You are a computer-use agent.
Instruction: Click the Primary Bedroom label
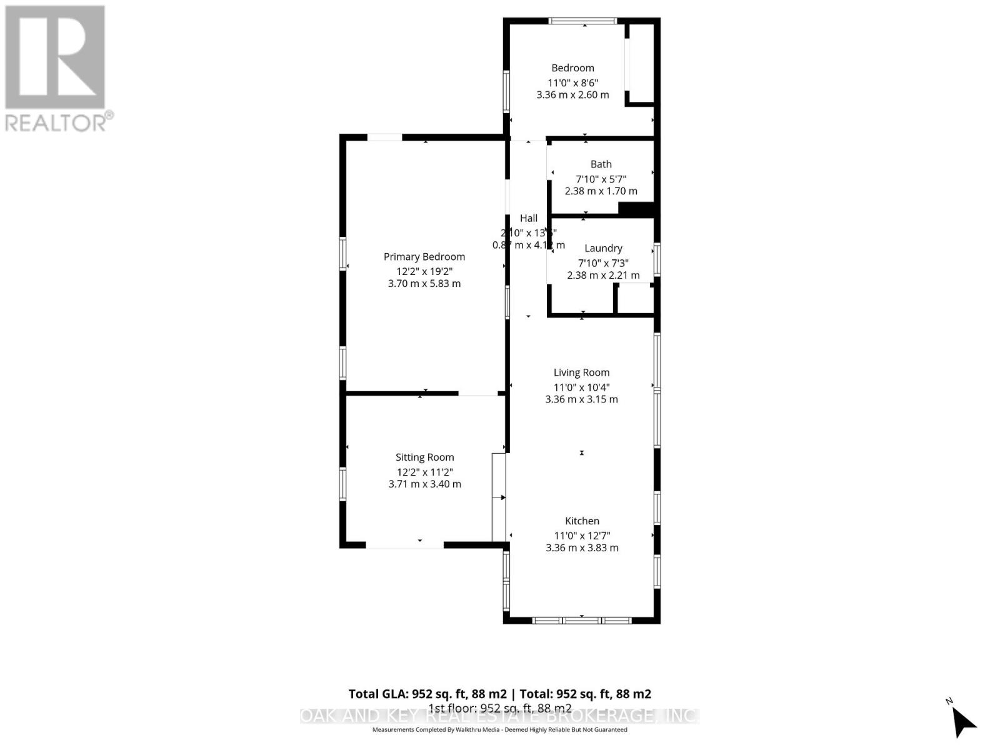[x=424, y=257]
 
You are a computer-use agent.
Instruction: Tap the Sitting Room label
[x=424, y=457]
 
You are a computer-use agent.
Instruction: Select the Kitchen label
[x=582, y=521]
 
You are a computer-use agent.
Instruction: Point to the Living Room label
[x=581, y=372]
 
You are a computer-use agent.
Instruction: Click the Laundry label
[x=603, y=248]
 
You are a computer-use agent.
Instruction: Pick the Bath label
[x=601, y=164]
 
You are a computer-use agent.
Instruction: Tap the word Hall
[x=529, y=218]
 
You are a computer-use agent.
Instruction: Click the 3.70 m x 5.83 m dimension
[x=424, y=284]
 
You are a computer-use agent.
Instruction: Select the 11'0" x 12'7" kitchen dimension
[x=582, y=536]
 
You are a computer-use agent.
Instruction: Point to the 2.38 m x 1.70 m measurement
[x=601, y=191]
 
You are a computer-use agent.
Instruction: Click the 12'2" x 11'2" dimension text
[x=424, y=472]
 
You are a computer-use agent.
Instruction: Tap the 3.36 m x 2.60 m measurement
[x=572, y=95]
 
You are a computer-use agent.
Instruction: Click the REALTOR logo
[x=57, y=69]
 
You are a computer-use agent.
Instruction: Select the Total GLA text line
[x=499, y=694]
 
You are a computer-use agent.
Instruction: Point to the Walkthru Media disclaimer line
[x=499, y=729]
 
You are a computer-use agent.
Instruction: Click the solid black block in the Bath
[x=636, y=209]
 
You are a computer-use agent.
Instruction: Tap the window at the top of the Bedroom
[x=582, y=21]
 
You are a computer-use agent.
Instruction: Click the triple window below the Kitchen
[x=581, y=620]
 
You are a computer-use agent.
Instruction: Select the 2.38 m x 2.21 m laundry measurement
[x=603, y=276]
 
